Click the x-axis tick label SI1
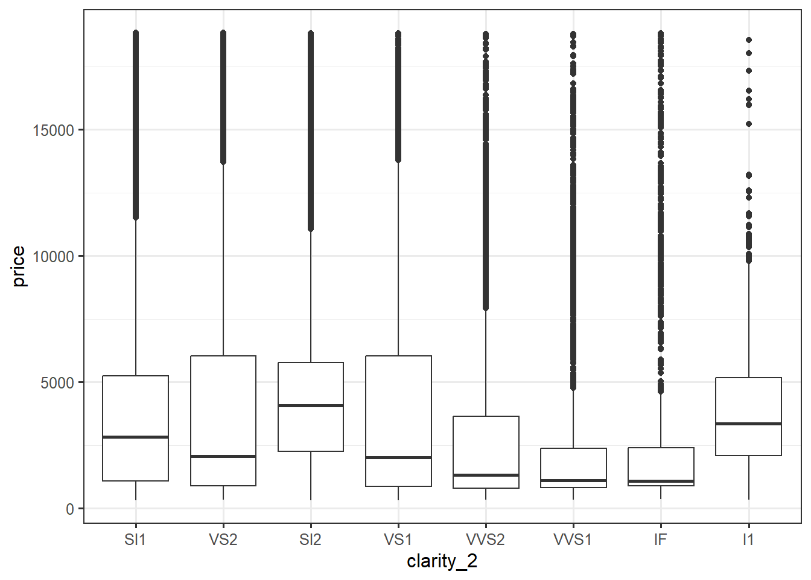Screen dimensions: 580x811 click(x=135, y=539)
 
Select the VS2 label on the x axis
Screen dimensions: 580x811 click(x=223, y=539)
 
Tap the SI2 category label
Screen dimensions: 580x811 click(x=310, y=539)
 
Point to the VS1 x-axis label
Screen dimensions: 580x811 click(x=398, y=539)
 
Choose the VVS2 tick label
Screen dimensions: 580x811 click(x=486, y=539)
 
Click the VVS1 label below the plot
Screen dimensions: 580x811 click(x=573, y=539)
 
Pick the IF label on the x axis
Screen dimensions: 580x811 click(x=661, y=539)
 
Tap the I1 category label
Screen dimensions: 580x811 click(x=748, y=539)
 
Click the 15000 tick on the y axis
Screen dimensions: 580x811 click(x=54, y=130)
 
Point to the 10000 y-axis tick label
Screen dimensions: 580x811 click(x=54, y=257)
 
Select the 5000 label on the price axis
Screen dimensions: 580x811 click(x=58, y=383)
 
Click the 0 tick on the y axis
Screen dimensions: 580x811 click(x=70, y=509)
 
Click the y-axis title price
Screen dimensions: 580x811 click(x=19, y=266)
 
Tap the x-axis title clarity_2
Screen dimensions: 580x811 click(x=442, y=561)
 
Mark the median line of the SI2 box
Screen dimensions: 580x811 click(x=311, y=405)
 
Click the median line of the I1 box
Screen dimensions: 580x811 click(x=748, y=424)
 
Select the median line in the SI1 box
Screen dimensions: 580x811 click(x=135, y=437)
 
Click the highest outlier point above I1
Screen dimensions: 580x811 click(x=749, y=40)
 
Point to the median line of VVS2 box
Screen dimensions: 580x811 click(x=486, y=475)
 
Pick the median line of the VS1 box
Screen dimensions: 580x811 click(x=398, y=457)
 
